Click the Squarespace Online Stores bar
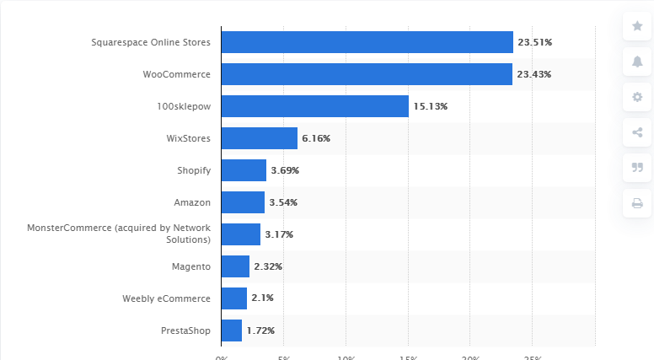tap(367, 42)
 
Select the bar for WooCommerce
tap(367, 74)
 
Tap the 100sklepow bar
tap(314, 106)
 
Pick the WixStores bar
tap(259, 138)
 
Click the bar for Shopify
tap(244, 170)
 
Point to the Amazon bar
tap(243, 202)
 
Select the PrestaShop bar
tap(231, 330)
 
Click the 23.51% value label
tap(534, 42)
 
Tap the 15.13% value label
tap(430, 106)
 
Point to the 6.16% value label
tap(317, 138)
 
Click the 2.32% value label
tap(268, 266)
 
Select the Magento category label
tap(190, 266)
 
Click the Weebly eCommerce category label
tap(166, 298)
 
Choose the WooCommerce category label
tap(177, 74)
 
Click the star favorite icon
tap(637, 26)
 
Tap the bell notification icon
tap(637, 62)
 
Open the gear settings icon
tap(637, 97)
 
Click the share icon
tap(637, 132)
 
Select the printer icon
tap(637, 202)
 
